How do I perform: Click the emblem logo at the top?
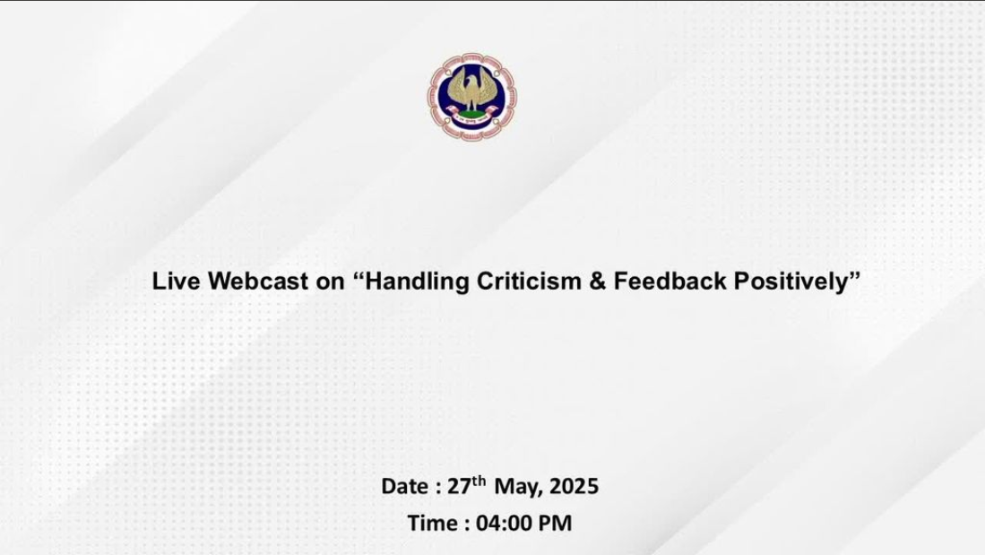click(x=472, y=96)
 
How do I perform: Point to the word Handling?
click(x=417, y=282)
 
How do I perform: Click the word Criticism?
click(x=529, y=281)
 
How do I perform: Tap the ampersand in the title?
click(x=598, y=281)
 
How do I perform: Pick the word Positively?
click(x=791, y=282)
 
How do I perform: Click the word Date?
click(x=405, y=487)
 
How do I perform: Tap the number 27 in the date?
click(x=459, y=487)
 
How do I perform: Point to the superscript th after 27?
click(x=479, y=481)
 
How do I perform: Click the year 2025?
click(x=574, y=487)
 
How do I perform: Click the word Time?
click(x=432, y=523)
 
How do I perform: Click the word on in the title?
click(x=331, y=283)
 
